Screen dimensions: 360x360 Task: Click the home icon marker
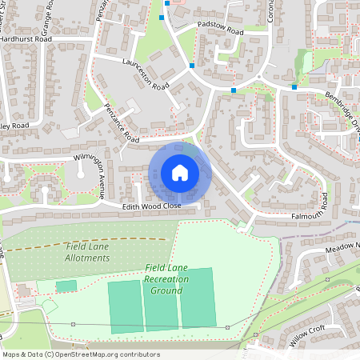point(180,173)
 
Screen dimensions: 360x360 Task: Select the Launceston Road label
point(146,74)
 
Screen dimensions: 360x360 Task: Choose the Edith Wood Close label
point(152,206)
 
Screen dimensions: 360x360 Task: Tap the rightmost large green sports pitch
point(198,302)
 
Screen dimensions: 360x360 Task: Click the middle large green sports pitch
point(161,305)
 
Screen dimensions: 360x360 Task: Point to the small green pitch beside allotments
point(66,286)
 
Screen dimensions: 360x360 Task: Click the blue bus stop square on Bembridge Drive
point(294,86)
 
